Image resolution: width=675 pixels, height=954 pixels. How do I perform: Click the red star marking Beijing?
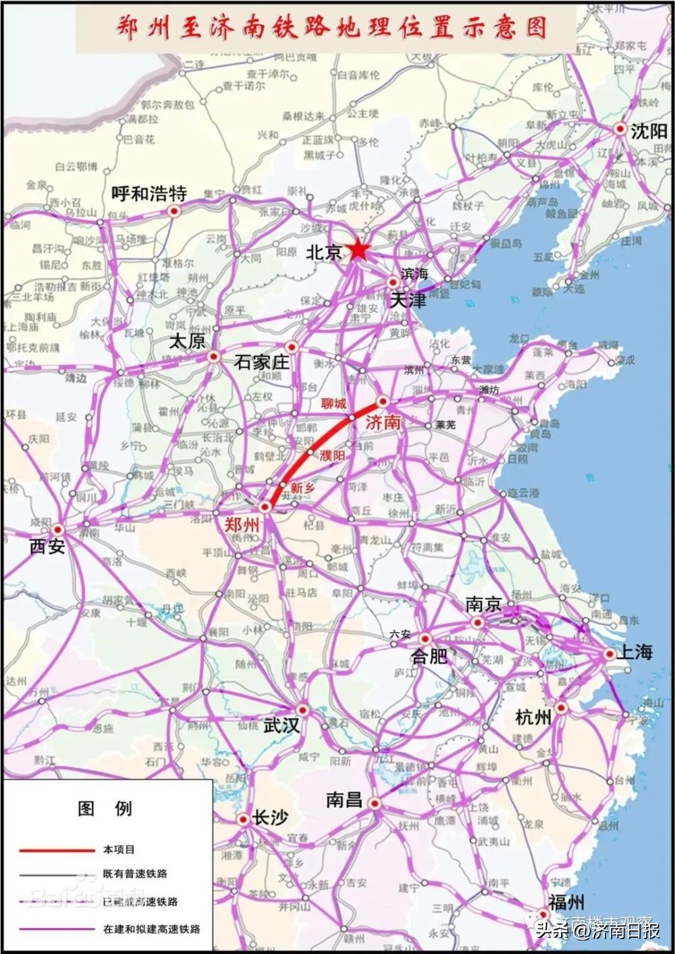(x=358, y=251)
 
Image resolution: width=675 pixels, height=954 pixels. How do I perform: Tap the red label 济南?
(x=383, y=423)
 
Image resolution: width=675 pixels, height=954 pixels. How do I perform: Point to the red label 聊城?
(x=333, y=403)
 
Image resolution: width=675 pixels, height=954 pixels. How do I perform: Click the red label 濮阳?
(x=332, y=455)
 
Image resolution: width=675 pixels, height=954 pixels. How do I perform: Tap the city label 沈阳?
(x=649, y=131)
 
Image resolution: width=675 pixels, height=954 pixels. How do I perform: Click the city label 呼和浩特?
(x=148, y=194)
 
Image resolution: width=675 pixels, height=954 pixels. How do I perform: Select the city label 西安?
(x=47, y=546)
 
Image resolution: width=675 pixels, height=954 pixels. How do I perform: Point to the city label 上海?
(x=635, y=652)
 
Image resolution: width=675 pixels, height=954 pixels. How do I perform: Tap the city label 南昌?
(x=344, y=800)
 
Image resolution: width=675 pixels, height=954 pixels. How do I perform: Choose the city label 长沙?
(x=270, y=818)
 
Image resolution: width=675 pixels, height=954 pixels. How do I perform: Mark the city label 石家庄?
(x=261, y=362)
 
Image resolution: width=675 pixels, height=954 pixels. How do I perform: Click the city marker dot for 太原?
(x=213, y=356)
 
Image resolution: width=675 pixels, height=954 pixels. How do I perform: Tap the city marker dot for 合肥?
(x=425, y=638)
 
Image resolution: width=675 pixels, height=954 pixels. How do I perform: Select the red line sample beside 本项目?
(x=57, y=850)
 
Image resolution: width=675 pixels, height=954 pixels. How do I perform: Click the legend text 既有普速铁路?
(x=134, y=874)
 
